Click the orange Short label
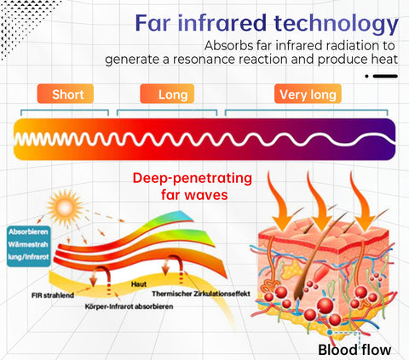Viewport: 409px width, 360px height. tap(66, 94)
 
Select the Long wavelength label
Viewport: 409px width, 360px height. tap(167, 94)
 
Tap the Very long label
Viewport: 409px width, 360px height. tap(308, 94)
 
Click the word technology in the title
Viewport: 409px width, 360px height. tap(337, 24)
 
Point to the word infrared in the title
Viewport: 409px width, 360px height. tap(222, 23)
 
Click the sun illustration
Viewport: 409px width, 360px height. tap(65, 207)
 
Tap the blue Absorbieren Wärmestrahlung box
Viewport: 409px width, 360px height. tap(29, 246)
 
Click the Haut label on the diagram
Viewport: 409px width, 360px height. tap(139, 284)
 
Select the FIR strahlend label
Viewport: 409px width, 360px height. tap(53, 295)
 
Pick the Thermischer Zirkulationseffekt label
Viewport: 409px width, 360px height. tap(201, 294)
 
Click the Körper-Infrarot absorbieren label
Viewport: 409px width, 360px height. tap(129, 306)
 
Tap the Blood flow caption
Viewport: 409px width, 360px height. tap(354, 350)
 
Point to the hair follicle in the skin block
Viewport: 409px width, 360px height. tap(313, 261)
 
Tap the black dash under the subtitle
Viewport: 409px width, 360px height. tap(385, 76)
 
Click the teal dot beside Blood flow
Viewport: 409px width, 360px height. tap(330, 332)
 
